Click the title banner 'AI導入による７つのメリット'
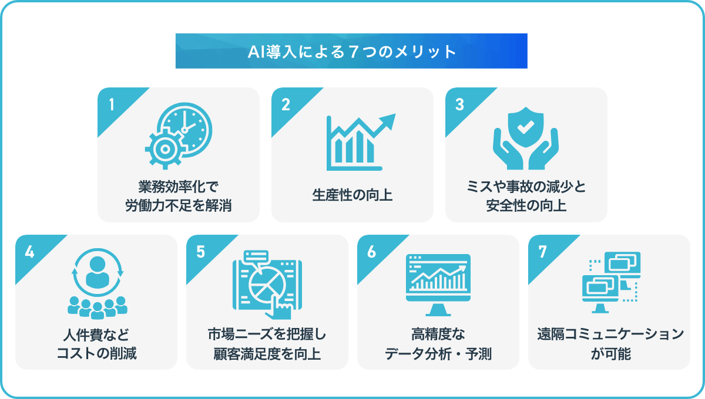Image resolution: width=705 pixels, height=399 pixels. (351, 51)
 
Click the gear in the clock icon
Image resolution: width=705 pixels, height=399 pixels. (164, 148)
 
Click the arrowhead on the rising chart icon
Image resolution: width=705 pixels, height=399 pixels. (388, 121)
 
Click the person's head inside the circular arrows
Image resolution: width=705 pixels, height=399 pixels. (98, 264)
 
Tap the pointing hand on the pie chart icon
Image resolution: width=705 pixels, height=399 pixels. (280, 308)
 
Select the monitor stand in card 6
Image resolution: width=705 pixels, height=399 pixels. (438, 310)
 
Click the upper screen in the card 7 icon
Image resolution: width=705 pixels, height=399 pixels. (623, 263)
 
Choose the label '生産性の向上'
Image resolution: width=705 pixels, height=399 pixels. (352, 195)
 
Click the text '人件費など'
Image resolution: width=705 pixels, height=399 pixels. (96, 334)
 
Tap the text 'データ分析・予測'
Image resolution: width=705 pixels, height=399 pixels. (438, 354)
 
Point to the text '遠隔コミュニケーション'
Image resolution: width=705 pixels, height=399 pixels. (610, 334)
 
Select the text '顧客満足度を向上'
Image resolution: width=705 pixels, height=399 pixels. (267, 354)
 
